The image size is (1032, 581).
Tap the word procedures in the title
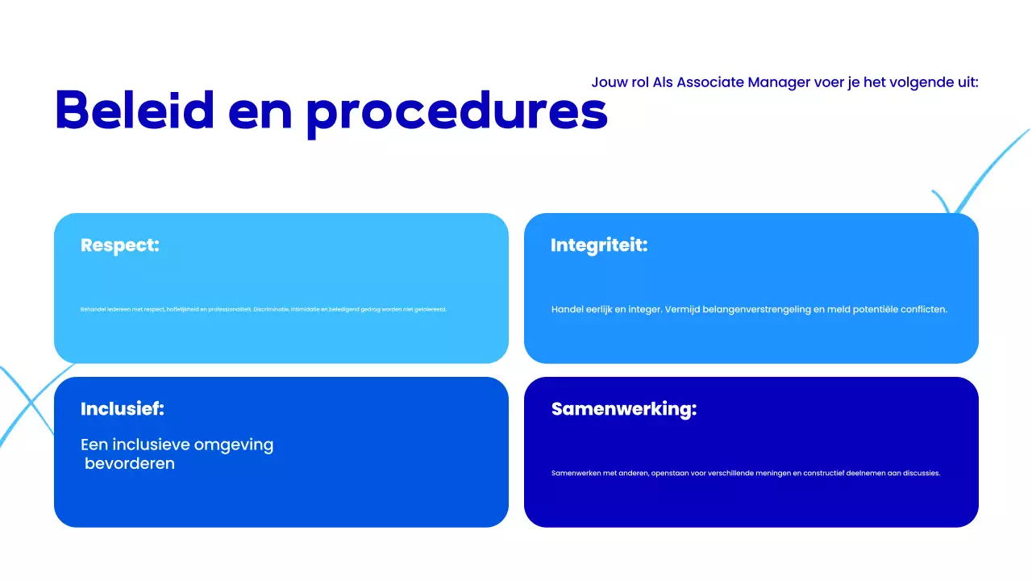tap(456, 111)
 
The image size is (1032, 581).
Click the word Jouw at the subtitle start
tap(609, 82)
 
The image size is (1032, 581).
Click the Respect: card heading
tap(120, 245)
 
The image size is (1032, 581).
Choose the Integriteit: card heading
tap(599, 245)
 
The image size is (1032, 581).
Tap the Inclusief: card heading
tap(123, 409)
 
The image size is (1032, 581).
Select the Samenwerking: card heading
tap(623, 409)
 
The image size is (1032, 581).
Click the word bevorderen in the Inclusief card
tap(130, 464)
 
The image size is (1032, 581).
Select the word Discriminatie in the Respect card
tap(273, 309)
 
